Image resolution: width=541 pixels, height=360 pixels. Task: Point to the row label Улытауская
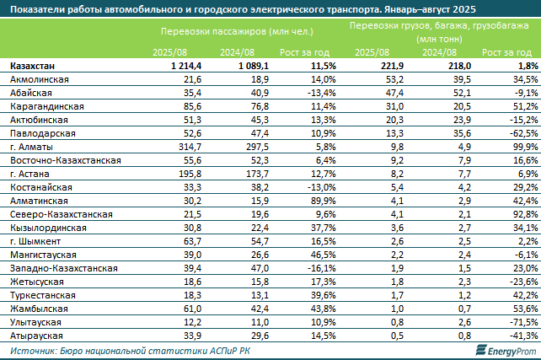pyautogui.click(x=36, y=322)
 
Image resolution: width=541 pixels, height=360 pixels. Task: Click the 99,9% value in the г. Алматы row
pyautogui.click(x=523, y=146)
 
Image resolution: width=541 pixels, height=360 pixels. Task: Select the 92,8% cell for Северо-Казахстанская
pyautogui.click(x=523, y=214)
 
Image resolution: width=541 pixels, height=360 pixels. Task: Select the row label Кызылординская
pyautogui.click(x=47, y=228)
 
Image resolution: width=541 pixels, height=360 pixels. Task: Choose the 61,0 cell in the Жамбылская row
pyautogui.click(x=190, y=309)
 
